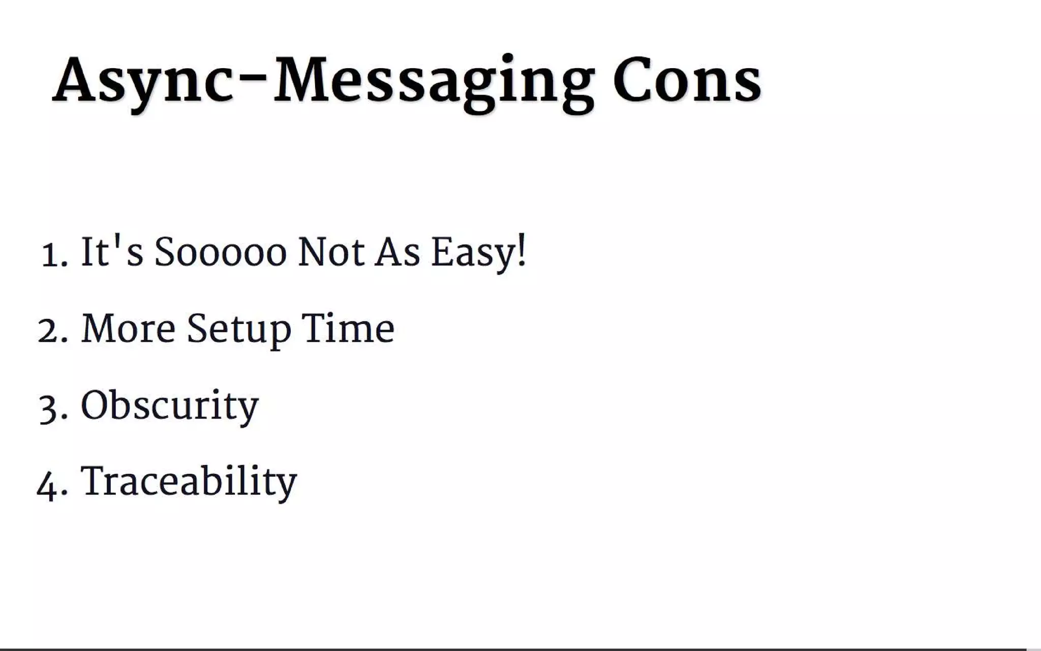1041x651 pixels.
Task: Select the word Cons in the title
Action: [x=687, y=81]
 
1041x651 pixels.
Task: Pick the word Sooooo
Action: [x=221, y=252]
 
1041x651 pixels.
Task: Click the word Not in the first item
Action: [x=331, y=252]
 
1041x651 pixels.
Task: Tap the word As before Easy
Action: [x=398, y=252]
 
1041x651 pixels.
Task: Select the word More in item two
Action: [x=129, y=329]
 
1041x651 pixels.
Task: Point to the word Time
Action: [x=348, y=329]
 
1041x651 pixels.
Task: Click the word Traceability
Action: [x=189, y=481]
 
